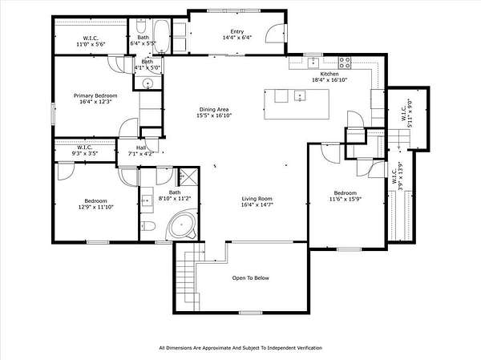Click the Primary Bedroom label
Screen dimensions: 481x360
95,95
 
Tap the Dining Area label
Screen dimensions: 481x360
214,110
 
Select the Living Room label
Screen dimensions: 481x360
257,199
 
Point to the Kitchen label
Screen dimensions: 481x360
329,74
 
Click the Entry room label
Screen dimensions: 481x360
237,31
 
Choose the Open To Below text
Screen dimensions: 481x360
251,278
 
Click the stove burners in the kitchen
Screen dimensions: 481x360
345,63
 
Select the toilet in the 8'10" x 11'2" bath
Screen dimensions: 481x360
148,226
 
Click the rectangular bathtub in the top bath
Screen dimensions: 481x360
161,37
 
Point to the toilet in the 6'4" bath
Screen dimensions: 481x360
141,26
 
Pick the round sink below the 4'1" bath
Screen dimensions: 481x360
148,83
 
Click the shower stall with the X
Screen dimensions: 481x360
188,176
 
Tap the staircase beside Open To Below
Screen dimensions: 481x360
190,275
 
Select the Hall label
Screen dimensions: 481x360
141,148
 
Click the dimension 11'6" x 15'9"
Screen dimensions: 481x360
346,199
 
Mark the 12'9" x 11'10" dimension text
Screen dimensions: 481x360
96,207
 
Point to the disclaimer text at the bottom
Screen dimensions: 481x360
240,348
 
